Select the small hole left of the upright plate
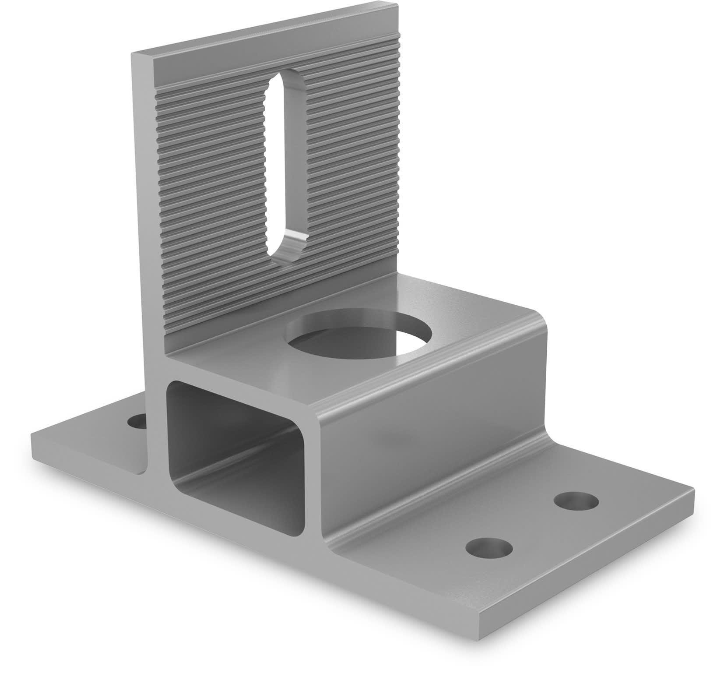pyautogui.click(x=137, y=423)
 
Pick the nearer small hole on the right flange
pyautogui.click(x=489, y=548)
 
